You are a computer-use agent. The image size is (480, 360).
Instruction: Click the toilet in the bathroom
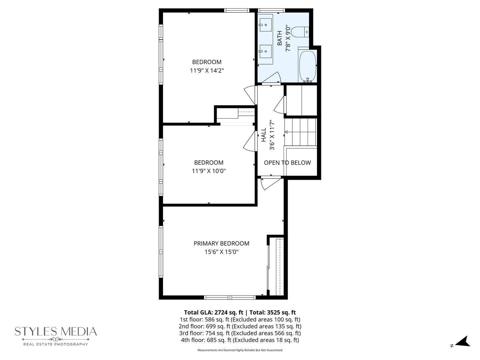(300, 32)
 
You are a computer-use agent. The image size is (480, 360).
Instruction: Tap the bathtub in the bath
(307, 66)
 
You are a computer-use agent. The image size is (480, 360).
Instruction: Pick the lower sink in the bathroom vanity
(266, 52)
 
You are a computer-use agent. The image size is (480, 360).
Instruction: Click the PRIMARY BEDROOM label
(221, 243)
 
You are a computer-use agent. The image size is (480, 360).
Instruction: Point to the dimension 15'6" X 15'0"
(221, 252)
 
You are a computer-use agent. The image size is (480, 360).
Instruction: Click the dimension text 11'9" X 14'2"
(207, 70)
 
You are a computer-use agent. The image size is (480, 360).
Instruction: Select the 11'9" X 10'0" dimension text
(209, 171)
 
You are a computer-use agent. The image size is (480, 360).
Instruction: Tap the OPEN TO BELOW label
(287, 163)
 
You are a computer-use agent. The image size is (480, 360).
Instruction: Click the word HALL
(264, 135)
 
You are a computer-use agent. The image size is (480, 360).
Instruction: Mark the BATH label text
(280, 38)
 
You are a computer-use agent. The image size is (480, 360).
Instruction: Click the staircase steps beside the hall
(300, 132)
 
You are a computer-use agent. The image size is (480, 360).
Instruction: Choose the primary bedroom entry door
(270, 184)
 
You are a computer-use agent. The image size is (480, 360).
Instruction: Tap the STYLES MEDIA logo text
(56, 331)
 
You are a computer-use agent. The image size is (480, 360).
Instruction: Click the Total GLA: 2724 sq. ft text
(213, 312)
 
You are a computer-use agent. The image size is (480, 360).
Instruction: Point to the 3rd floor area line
(240, 333)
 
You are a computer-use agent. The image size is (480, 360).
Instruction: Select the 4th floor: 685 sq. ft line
(240, 340)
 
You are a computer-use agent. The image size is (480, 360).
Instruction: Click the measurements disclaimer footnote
(240, 350)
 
